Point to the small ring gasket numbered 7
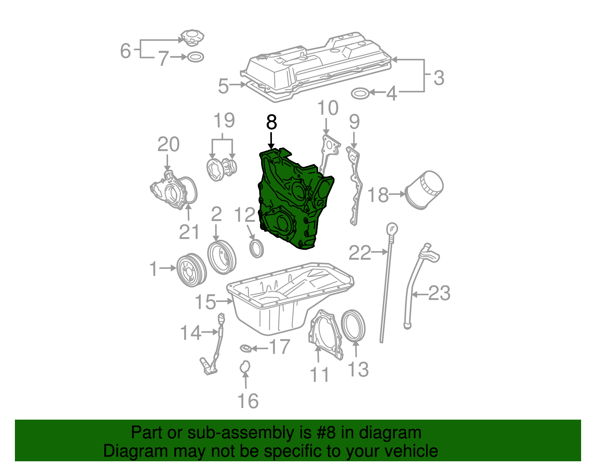coord(196,57)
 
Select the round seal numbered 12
coord(256,249)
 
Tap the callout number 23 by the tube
coord(440,293)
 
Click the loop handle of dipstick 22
coord(392,228)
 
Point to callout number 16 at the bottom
coord(248,401)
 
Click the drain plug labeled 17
coord(244,348)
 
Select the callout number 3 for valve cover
coord(439,78)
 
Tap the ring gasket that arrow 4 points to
coord(360,93)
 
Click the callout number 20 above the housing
coord(168,144)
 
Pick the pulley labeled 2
coord(222,257)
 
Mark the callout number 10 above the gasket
coord(328,108)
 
